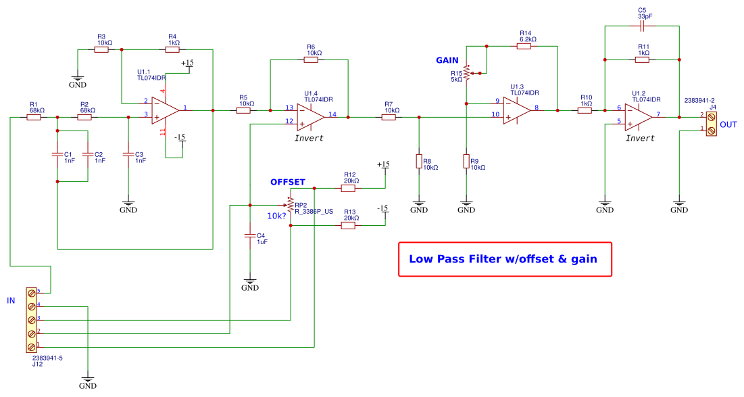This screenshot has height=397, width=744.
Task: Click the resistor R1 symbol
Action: click(34, 117)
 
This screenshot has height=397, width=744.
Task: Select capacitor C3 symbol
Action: click(128, 155)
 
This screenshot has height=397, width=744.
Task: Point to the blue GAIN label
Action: click(447, 60)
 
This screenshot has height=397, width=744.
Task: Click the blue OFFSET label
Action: click(288, 183)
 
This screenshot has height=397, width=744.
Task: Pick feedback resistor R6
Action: click(311, 60)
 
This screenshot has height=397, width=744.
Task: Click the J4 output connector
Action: click(710, 122)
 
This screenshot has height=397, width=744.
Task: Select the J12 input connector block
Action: click(31, 319)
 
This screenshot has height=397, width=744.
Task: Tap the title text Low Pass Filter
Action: click(503, 259)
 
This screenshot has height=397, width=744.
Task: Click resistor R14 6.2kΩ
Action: click(526, 46)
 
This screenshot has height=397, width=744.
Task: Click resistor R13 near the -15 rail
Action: click(349, 225)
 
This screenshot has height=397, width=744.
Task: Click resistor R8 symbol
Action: click(419, 161)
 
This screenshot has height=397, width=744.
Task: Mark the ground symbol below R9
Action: click(466, 204)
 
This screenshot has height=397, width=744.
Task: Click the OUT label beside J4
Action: click(728, 125)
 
